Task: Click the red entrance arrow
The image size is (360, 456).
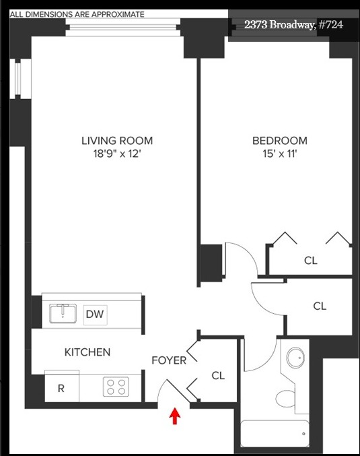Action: tap(175, 417)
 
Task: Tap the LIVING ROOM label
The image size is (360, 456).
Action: tap(117, 141)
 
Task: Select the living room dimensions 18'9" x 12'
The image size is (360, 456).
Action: tap(117, 154)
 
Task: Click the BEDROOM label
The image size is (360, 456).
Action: tap(279, 141)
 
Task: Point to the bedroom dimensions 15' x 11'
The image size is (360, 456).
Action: tap(279, 154)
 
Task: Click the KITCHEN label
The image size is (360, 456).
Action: tap(87, 352)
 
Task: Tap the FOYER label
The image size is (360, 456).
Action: tap(168, 360)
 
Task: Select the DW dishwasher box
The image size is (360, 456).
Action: tap(95, 314)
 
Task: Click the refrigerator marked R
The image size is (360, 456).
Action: tap(61, 389)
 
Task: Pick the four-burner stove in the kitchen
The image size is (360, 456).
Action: tap(116, 387)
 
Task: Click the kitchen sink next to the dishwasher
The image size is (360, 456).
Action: tap(65, 313)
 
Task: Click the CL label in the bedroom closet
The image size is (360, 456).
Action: tap(310, 261)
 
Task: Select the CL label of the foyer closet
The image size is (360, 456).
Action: tap(218, 376)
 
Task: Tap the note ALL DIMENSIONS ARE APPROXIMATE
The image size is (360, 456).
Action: tap(77, 13)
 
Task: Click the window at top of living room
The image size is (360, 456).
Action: tap(123, 28)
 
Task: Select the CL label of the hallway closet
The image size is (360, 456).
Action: tap(320, 306)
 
